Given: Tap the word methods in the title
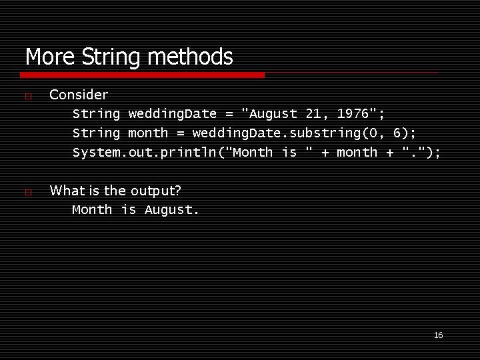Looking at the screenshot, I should (x=190, y=57).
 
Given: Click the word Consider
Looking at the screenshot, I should (x=79, y=95).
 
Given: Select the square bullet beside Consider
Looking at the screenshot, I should (x=27, y=97).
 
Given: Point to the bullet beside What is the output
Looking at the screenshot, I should (x=27, y=193).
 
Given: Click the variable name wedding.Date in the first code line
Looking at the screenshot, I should (x=173, y=114).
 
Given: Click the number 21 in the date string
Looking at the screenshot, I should (x=314, y=114).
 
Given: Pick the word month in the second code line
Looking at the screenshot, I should (x=148, y=133).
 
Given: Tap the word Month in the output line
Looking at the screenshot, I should (x=92, y=210).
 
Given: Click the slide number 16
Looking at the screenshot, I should (x=438, y=335).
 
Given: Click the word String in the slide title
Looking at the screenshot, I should (x=111, y=57).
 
